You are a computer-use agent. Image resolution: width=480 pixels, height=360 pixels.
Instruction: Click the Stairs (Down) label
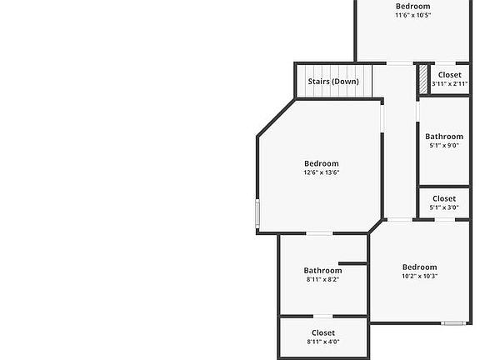tap(333, 82)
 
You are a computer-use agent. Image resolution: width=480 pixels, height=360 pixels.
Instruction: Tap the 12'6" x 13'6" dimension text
tap(322, 172)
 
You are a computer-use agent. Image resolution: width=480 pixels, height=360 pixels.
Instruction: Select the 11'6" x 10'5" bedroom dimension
tap(413, 15)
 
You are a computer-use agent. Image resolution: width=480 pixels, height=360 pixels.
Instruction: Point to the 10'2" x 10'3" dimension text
tap(419, 276)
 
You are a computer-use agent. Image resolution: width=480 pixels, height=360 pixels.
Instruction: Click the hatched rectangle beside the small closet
tap(423, 79)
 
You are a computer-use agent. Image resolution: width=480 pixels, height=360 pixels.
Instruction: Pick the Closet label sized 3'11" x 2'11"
tap(450, 75)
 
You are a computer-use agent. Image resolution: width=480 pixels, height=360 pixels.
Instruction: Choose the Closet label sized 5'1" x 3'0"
tap(444, 198)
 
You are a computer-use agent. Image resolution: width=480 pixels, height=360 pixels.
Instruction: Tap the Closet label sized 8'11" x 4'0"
tap(323, 332)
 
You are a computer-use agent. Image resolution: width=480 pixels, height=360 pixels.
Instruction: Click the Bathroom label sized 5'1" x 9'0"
tap(444, 137)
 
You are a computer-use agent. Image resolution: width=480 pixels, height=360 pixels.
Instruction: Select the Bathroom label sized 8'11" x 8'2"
tap(323, 271)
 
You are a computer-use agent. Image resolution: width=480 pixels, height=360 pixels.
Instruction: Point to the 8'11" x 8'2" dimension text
tap(323, 279)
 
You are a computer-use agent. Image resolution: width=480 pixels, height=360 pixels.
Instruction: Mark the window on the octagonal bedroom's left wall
tap(257, 213)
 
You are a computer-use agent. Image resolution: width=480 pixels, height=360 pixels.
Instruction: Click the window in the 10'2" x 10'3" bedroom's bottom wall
tap(453, 323)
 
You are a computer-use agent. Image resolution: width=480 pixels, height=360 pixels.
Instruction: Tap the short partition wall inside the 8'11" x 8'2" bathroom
tap(352, 263)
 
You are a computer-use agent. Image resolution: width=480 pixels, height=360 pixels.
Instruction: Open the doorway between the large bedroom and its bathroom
tap(319, 233)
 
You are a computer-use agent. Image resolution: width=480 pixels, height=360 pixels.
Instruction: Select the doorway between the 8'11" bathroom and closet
tap(323, 316)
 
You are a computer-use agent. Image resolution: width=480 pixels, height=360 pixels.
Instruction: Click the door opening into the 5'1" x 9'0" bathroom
tap(417, 112)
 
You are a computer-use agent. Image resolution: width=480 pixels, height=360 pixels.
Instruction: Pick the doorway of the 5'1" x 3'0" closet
tap(445, 219)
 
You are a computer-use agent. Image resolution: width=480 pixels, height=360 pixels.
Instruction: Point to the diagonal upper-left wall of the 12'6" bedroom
tap(276, 117)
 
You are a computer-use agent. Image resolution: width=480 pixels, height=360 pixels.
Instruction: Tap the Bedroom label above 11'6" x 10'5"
tap(413, 6)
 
